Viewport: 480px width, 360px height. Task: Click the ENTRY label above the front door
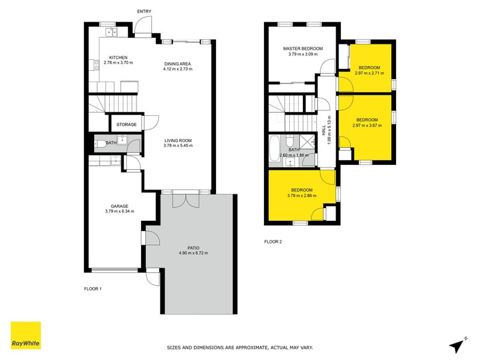tap(144, 11)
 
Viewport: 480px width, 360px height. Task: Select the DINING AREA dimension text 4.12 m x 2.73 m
tap(178, 69)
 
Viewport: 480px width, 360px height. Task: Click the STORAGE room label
tap(126, 125)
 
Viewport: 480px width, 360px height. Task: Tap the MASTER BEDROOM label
tap(304, 49)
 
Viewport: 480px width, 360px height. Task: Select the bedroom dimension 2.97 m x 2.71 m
tap(367, 73)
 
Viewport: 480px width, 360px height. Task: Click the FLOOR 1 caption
tap(93, 289)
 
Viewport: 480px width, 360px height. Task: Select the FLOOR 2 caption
tap(273, 242)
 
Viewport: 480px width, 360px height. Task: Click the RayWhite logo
tap(26, 335)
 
